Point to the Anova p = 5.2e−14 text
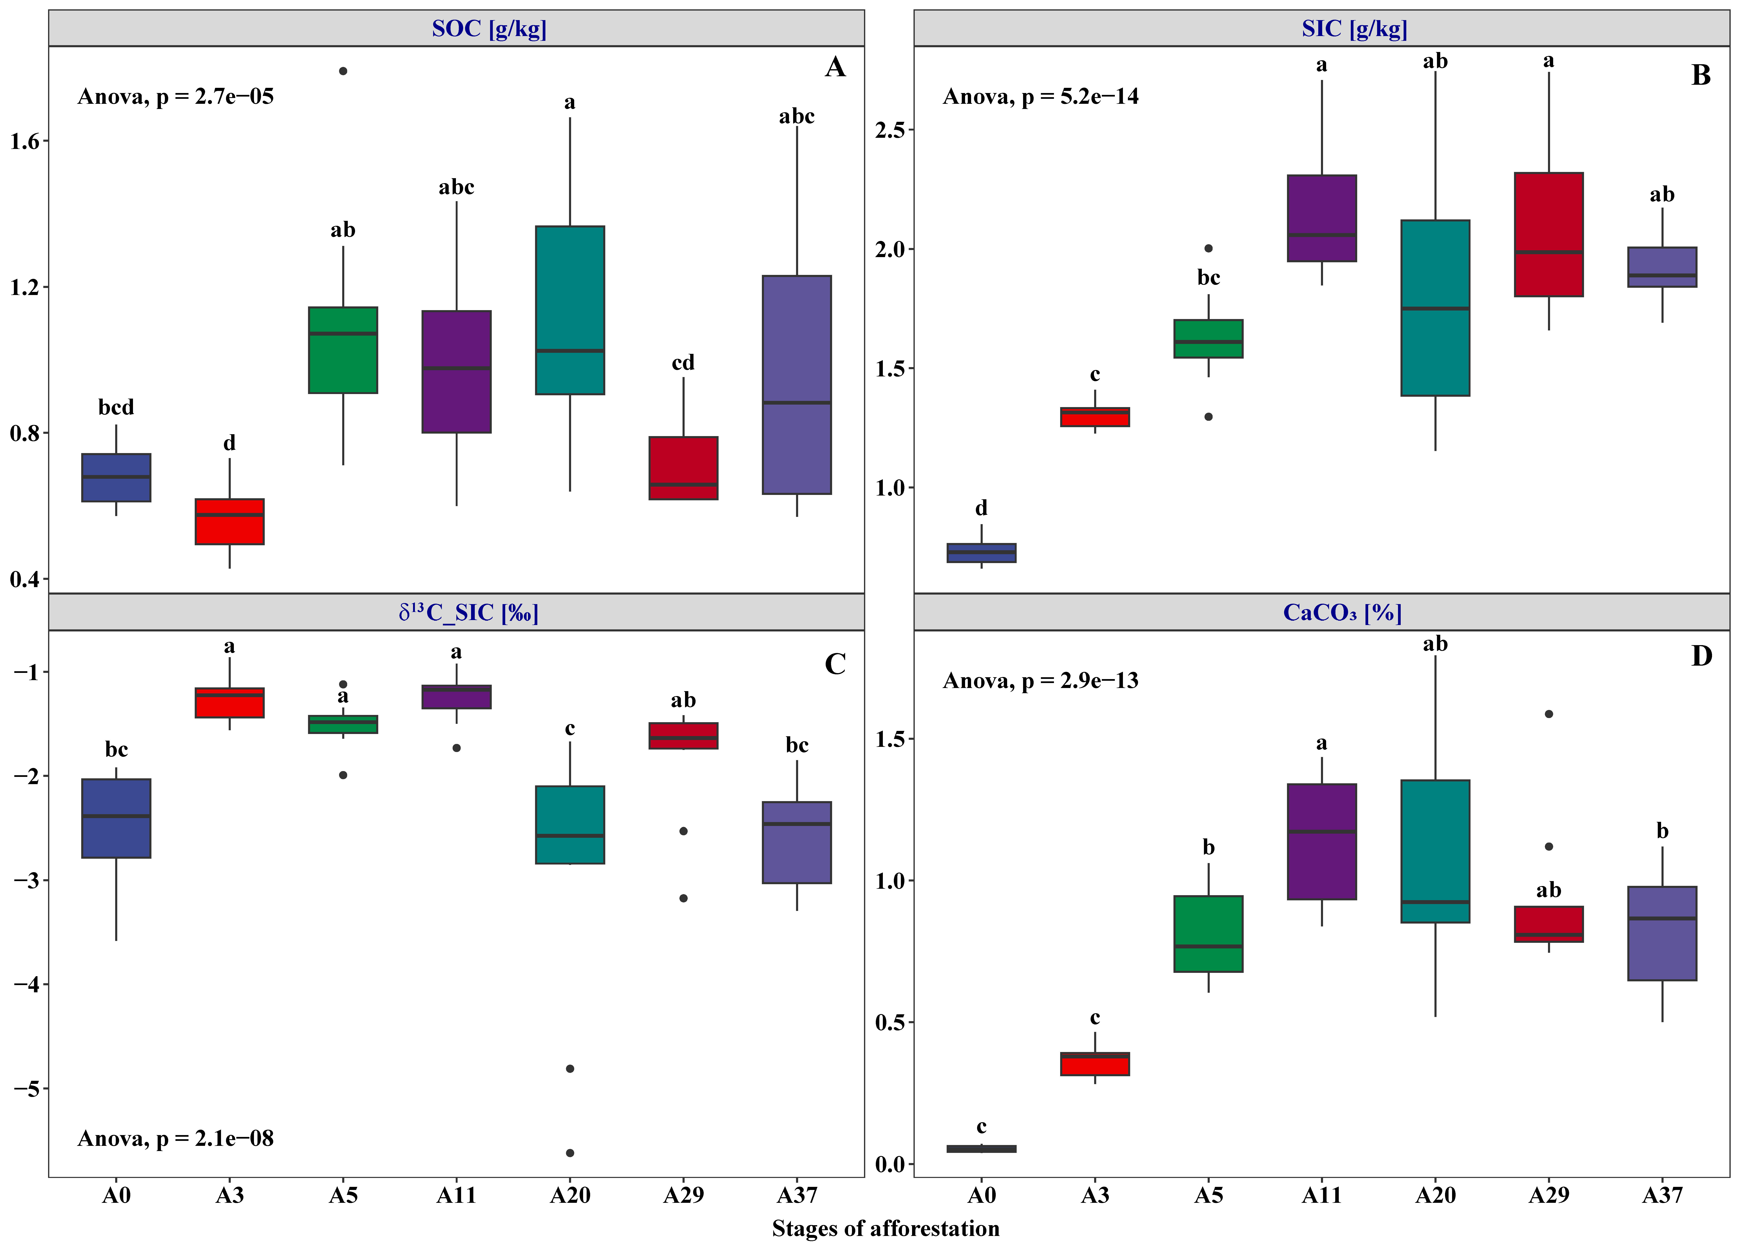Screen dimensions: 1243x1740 (1041, 97)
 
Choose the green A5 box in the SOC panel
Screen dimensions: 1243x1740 (343, 351)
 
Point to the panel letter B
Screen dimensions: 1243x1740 (1700, 75)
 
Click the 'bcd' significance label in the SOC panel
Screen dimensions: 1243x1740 (116, 407)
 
